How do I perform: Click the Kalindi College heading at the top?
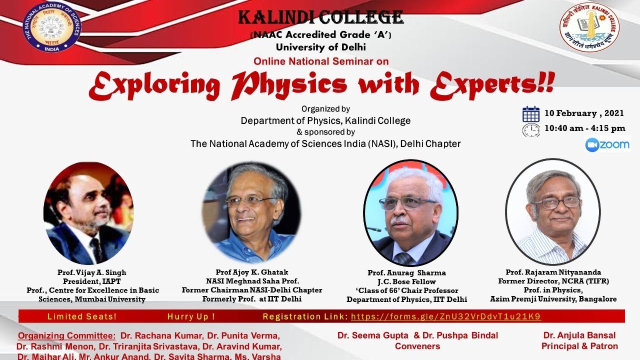320,18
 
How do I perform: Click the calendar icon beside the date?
530,114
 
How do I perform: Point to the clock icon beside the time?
530,129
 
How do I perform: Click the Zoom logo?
607,144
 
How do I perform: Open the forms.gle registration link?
445,316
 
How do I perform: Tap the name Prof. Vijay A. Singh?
92,272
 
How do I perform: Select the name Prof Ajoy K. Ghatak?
252,272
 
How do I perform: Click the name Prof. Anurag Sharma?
406,273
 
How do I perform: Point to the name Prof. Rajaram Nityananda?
553,272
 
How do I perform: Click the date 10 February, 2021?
584,113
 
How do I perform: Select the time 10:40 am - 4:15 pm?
584,128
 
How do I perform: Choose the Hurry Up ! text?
191,316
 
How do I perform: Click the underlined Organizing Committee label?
66,335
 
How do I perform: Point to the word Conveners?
417,346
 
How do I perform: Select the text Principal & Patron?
579,346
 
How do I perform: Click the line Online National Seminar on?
321,61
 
